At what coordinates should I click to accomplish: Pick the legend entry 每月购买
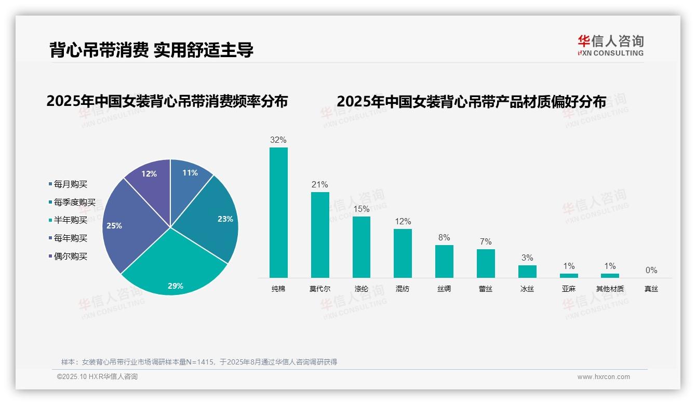(x=70, y=184)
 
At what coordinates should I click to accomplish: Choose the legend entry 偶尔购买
(x=70, y=256)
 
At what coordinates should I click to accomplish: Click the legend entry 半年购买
(x=70, y=220)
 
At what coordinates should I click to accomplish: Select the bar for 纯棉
(x=278, y=213)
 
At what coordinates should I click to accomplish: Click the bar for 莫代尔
(x=320, y=235)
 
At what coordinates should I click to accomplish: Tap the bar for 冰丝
(x=527, y=272)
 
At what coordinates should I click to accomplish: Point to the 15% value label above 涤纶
(x=361, y=209)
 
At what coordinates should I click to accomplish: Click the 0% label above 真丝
(x=651, y=270)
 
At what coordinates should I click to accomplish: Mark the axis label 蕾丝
(x=486, y=289)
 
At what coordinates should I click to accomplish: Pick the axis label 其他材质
(x=610, y=289)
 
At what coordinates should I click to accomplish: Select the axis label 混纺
(x=403, y=289)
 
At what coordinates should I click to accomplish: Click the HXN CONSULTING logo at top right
(x=611, y=46)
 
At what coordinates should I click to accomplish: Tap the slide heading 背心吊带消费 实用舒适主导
(x=151, y=50)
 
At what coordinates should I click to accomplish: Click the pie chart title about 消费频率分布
(x=167, y=101)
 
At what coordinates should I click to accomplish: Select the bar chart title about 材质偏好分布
(x=471, y=102)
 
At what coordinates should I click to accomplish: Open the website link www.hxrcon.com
(x=604, y=377)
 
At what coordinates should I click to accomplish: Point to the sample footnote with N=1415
(x=199, y=362)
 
